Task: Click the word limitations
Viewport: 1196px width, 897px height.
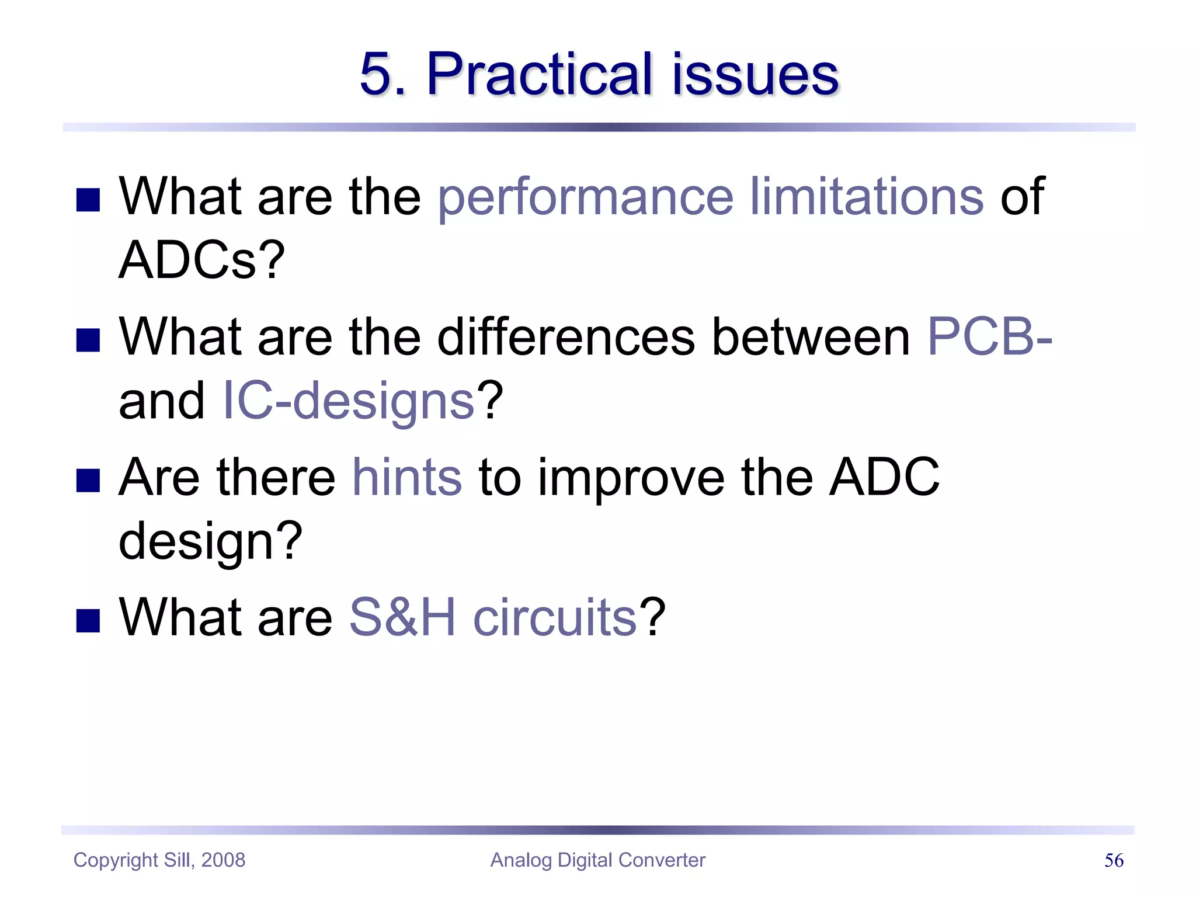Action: pyautogui.click(x=867, y=197)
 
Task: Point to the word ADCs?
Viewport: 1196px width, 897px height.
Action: pyautogui.click(x=201, y=260)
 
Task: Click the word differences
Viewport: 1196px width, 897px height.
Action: pyautogui.click(x=566, y=337)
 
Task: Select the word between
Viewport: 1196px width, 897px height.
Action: pyautogui.click(x=811, y=337)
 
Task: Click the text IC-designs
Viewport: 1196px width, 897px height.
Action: pyautogui.click(x=349, y=401)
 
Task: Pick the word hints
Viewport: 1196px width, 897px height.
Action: pyautogui.click(x=407, y=478)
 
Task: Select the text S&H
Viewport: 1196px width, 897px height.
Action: pyautogui.click(x=402, y=618)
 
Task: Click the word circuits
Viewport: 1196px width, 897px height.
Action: pyautogui.click(x=554, y=618)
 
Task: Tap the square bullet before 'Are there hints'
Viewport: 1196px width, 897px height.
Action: pyautogui.click(x=88, y=481)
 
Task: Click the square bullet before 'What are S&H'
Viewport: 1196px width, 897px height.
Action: pyautogui.click(x=88, y=621)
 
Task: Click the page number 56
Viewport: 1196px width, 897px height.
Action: pyautogui.click(x=1114, y=860)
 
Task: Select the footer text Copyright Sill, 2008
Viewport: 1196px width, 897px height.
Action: pyautogui.click(x=159, y=860)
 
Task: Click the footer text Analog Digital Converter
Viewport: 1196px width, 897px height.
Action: pyautogui.click(x=597, y=860)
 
